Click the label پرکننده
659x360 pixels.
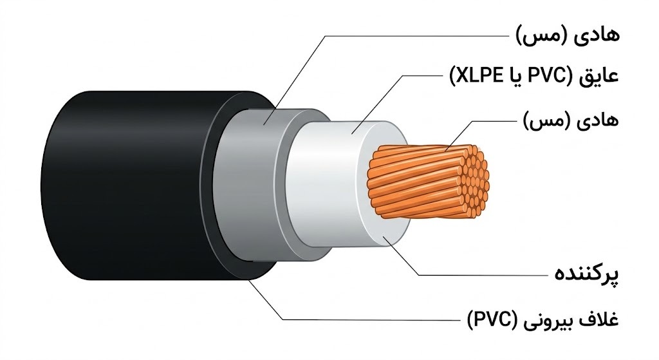tap(587, 274)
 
